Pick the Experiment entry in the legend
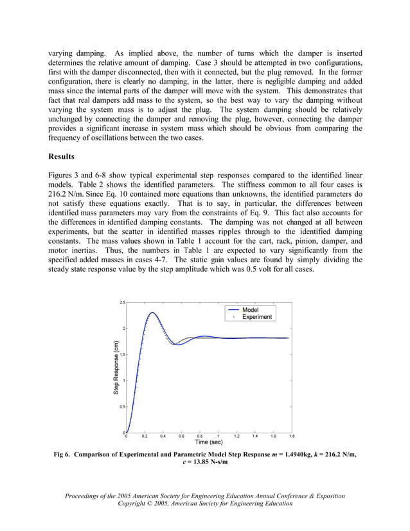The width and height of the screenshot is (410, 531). tap(256, 317)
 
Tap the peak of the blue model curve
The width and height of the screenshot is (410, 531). tap(152, 313)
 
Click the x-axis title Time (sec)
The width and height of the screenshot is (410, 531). tap(209, 442)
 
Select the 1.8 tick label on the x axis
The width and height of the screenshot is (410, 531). tap(292, 437)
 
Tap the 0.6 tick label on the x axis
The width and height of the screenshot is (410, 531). tap(181, 437)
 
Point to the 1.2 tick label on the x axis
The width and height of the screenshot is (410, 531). tap(236, 437)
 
